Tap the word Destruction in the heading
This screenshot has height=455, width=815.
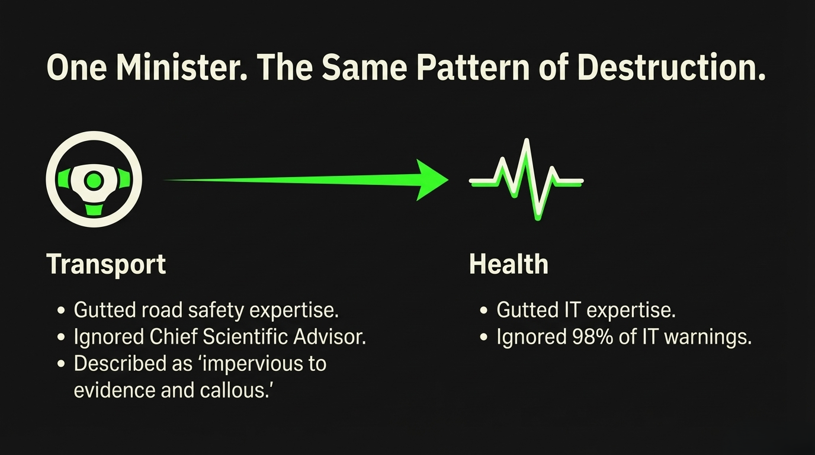671,68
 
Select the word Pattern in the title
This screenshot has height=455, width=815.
473,68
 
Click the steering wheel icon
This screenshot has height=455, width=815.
94,180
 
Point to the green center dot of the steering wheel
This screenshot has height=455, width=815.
94,181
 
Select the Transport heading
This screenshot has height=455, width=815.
106,265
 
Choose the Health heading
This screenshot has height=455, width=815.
509,264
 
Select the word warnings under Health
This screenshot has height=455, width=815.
708,337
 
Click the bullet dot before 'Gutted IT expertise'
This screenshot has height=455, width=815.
483,310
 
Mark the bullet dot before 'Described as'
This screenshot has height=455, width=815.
61,364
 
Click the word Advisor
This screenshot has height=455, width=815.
329,337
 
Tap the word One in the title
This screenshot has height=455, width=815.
77,68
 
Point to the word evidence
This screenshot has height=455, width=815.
114,390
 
